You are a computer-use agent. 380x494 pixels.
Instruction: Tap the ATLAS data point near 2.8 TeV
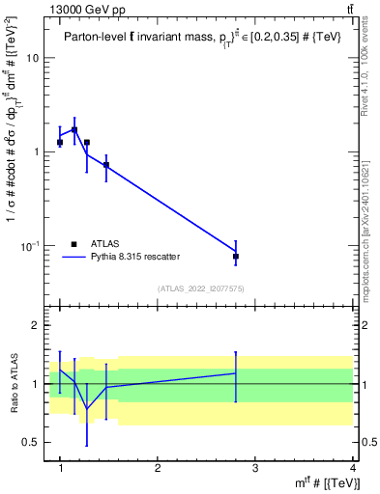click(x=236, y=257)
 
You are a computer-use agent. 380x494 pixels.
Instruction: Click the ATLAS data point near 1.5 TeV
click(x=105, y=165)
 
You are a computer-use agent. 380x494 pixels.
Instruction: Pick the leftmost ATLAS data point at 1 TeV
click(x=60, y=142)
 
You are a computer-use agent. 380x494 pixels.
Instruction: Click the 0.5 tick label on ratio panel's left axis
click(x=32, y=442)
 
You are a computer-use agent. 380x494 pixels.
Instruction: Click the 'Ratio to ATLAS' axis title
click(x=15, y=384)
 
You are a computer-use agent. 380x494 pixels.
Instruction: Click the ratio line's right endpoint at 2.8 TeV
click(x=236, y=372)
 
